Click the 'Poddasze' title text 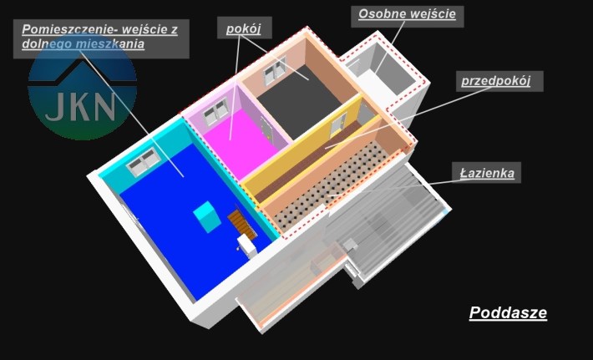coord(508,312)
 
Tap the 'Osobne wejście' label coord(407,14)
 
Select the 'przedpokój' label coord(496,81)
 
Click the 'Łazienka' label coord(487,173)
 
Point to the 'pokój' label coord(244,28)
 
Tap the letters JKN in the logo coord(80,107)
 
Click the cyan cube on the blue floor coord(207,216)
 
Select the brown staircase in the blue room coord(241,224)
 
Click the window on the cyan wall coord(144,162)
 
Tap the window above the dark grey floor coord(275,70)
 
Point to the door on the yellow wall coord(337,124)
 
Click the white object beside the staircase coord(247,245)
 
